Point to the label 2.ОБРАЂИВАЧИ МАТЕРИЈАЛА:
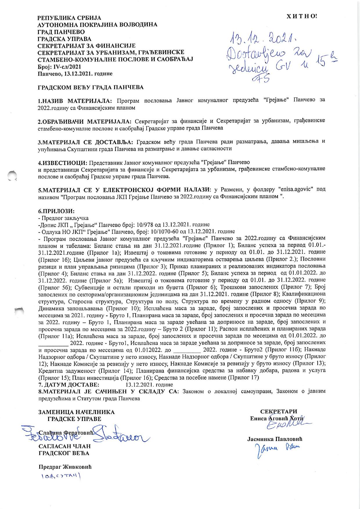click(x=84, y=121)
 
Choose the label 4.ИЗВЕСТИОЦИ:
click(x=63, y=162)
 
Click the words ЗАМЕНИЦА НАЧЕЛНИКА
click(x=76, y=412)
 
